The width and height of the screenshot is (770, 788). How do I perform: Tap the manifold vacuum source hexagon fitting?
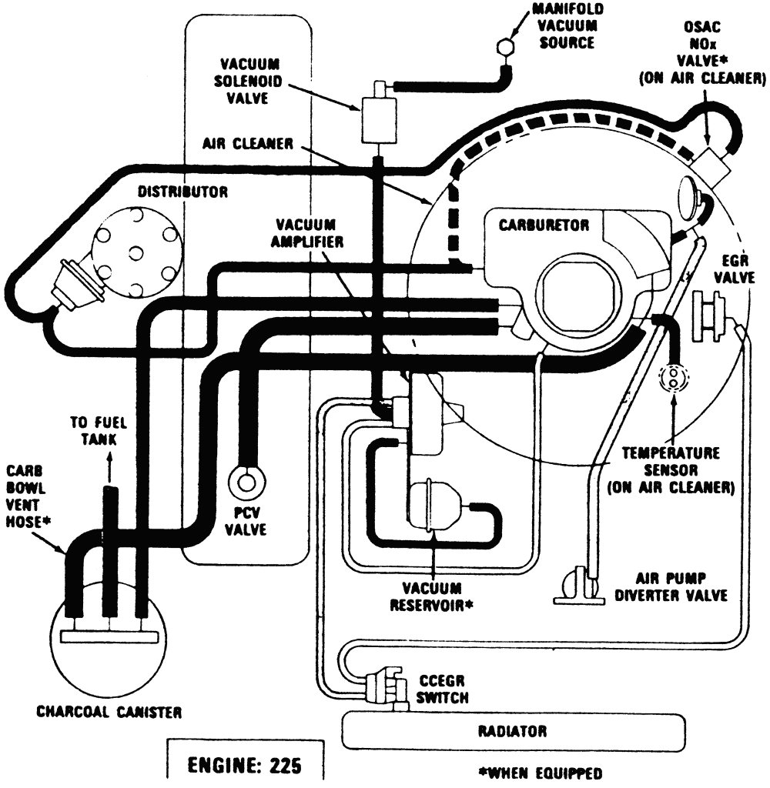coord(504,47)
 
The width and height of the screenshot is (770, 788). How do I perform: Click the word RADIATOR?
coord(512,731)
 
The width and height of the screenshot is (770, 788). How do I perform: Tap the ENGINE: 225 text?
coord(244,766)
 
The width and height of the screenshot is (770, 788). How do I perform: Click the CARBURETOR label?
coord(544,225)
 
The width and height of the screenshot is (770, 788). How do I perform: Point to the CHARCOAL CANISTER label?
coord(109,712)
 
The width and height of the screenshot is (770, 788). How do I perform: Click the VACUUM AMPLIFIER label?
coord(306,233)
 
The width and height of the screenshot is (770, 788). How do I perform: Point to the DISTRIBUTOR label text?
coord(182,192)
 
